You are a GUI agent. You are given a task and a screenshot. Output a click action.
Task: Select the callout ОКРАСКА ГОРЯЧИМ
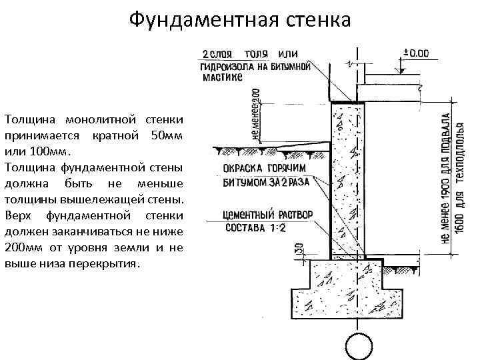coord(259,168)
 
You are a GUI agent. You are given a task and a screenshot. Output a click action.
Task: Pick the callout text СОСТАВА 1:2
coord(246,227)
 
